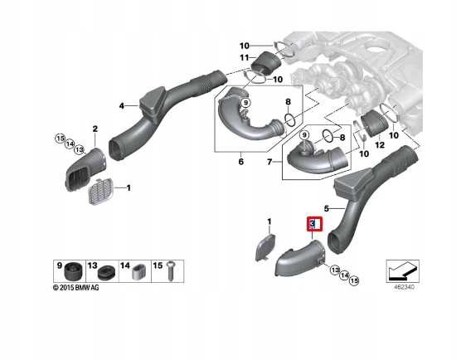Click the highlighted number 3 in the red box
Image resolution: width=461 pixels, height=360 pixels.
(x=312, y=224)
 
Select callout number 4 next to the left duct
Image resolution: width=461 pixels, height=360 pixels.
(x=122, y=106)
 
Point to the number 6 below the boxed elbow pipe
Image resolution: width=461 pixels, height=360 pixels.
(x=241, y=161)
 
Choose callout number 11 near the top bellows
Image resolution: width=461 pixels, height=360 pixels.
(x=244, y=58)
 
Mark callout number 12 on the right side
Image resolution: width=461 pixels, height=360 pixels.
(x=381, y=144)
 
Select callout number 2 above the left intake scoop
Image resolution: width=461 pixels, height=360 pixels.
(x=94, y=129)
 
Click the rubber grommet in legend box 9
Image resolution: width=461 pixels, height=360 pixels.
(x=73, y=270)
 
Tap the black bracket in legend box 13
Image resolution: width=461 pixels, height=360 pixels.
(x=106, y=271)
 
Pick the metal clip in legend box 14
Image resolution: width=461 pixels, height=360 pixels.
(x=136, y=270)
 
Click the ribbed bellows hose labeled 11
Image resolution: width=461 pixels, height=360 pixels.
(x=265, y=63)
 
